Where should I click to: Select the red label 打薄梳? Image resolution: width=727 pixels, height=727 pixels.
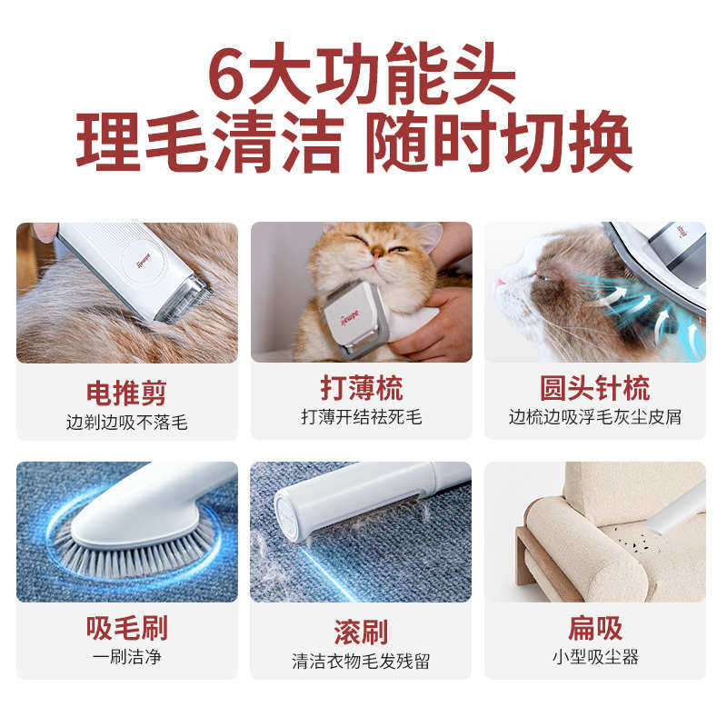click(x=362, y=388)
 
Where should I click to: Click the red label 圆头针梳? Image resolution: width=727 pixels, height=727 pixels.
click(x=595, y=388)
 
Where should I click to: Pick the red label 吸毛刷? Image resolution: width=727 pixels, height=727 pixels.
click(x=126, y=628)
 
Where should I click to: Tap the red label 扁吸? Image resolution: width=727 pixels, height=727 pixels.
click(x=595, y=627)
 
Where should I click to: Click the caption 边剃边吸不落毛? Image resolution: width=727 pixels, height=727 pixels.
click(x=126, y=423)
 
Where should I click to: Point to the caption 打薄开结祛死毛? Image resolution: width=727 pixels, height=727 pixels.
click(x=362, y=417)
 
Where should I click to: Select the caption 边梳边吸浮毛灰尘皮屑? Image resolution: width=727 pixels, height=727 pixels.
click(x=595, y=417)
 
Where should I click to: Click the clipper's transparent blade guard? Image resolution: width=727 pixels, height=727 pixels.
click(x=185, y=300)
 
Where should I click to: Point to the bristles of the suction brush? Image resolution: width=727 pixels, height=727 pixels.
click(x=136, y=554)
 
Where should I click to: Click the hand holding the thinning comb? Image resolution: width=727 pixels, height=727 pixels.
click(x=432, y=327)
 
